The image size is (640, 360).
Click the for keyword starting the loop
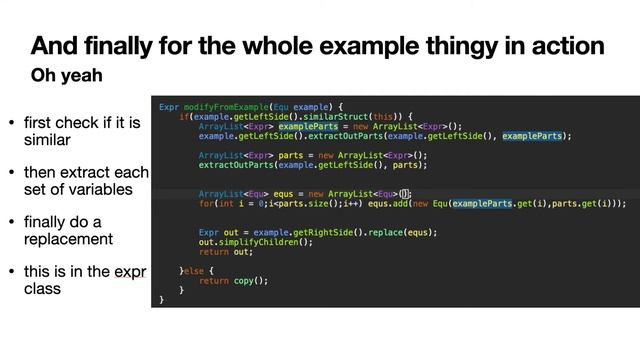[206, 203]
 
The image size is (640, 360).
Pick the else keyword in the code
[196, 270]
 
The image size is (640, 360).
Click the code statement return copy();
[234, 280]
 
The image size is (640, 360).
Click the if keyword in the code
[184, 116]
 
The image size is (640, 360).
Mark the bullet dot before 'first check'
[12, 123]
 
